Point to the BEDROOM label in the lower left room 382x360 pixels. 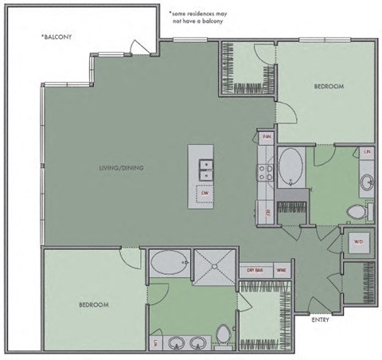93,304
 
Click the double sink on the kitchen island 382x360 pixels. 205,170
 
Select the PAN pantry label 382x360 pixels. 267,137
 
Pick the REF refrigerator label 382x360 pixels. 268,211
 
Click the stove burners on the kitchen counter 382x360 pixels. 264,168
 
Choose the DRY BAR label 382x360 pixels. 254,271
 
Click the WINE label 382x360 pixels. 281,271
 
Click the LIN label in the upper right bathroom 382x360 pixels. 367,151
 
